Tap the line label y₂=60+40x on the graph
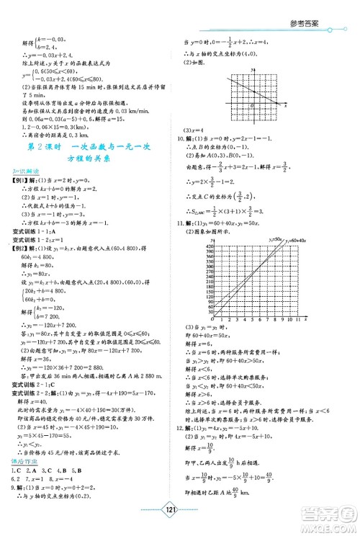(x=298, y=241)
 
